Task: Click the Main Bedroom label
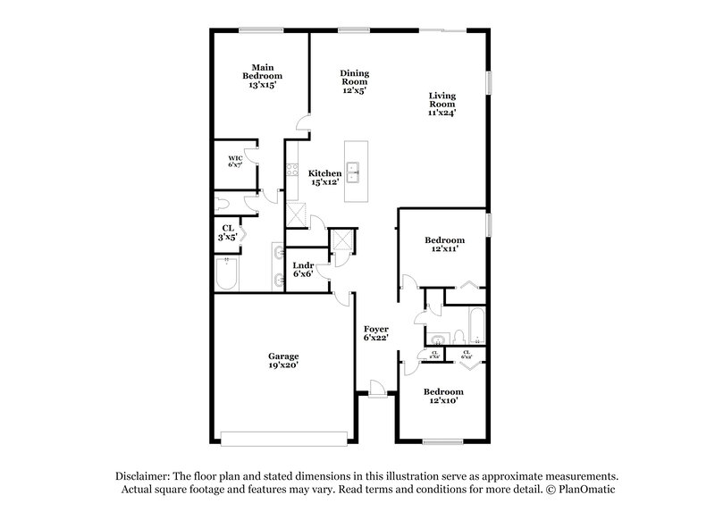[261, 76]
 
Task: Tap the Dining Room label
[355, 81]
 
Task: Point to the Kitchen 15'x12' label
[325, 177]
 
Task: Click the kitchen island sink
[354, 171]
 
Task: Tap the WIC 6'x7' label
[235, 162]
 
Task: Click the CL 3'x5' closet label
[228, 232]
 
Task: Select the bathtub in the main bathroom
[227, 274]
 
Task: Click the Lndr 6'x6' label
[303, 270]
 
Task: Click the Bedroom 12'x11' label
[444, 245]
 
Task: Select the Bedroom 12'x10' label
[444, 396]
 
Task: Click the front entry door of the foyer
[376, 390]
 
